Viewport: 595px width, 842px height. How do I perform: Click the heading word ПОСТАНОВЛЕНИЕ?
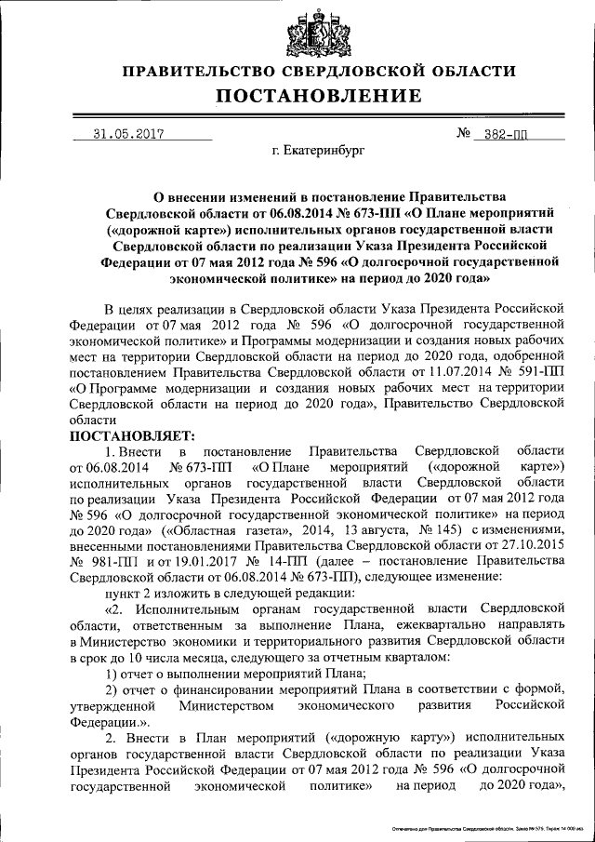click(x=319, y=96)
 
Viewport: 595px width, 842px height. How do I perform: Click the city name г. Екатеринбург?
click(x=319, y=149)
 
